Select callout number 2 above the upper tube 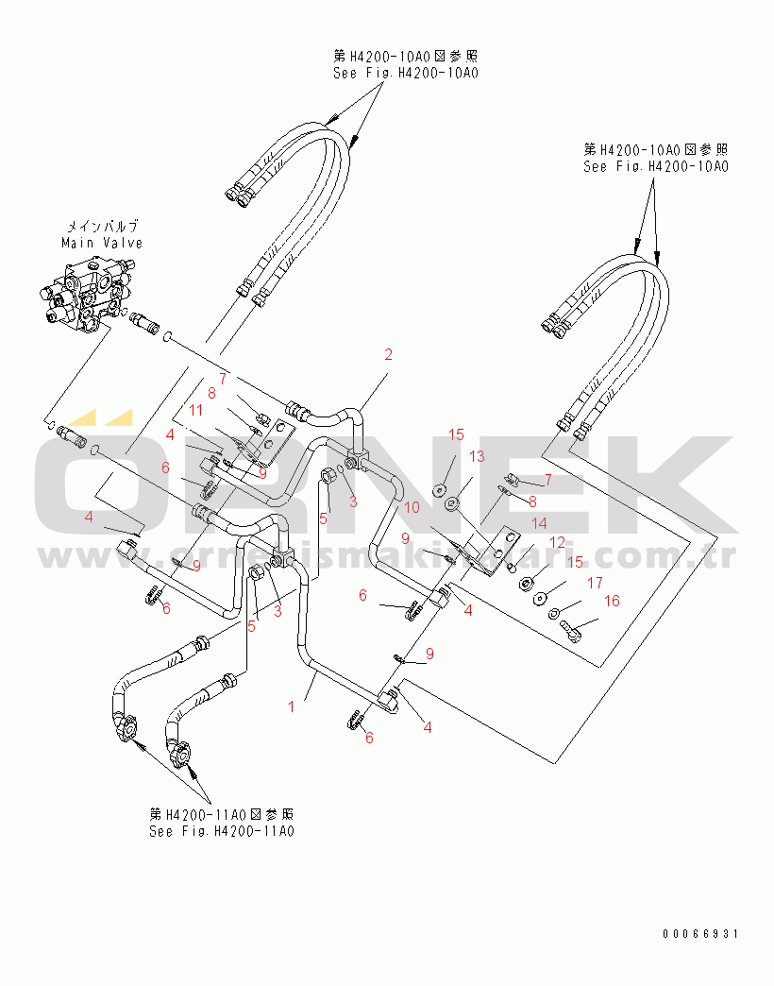coord(387,355)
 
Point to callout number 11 coord(195,409)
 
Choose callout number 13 coord(477,457)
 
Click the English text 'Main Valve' coord(102,243)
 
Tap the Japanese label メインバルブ coord(102,227)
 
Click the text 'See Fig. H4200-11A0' coord(222,831)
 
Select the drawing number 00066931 coord(700,933)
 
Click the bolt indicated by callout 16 coord(571,630)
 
